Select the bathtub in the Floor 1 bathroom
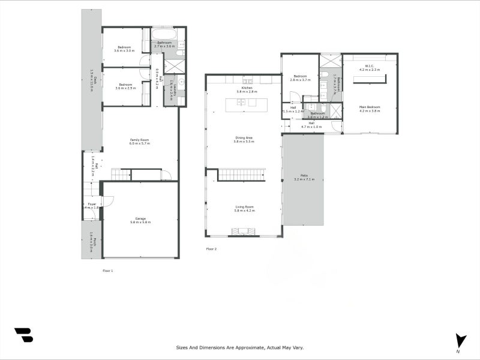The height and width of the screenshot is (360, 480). point(164,34)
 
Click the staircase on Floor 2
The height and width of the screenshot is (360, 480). point(241,175)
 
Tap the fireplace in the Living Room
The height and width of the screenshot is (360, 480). point(244,231)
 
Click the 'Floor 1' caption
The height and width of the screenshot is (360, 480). point(107,271)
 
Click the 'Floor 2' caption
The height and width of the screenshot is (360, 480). point(211,248)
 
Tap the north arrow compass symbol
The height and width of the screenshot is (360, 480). point(460,341)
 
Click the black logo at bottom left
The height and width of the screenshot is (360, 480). point(23,335)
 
